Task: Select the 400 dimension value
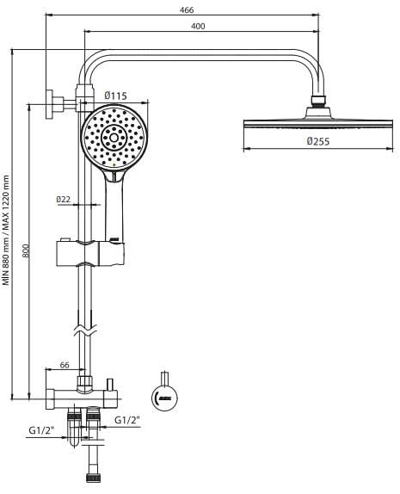199,28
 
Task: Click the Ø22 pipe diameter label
63,199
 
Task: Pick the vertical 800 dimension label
26,250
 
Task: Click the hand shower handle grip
115,207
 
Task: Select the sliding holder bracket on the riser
90,253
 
